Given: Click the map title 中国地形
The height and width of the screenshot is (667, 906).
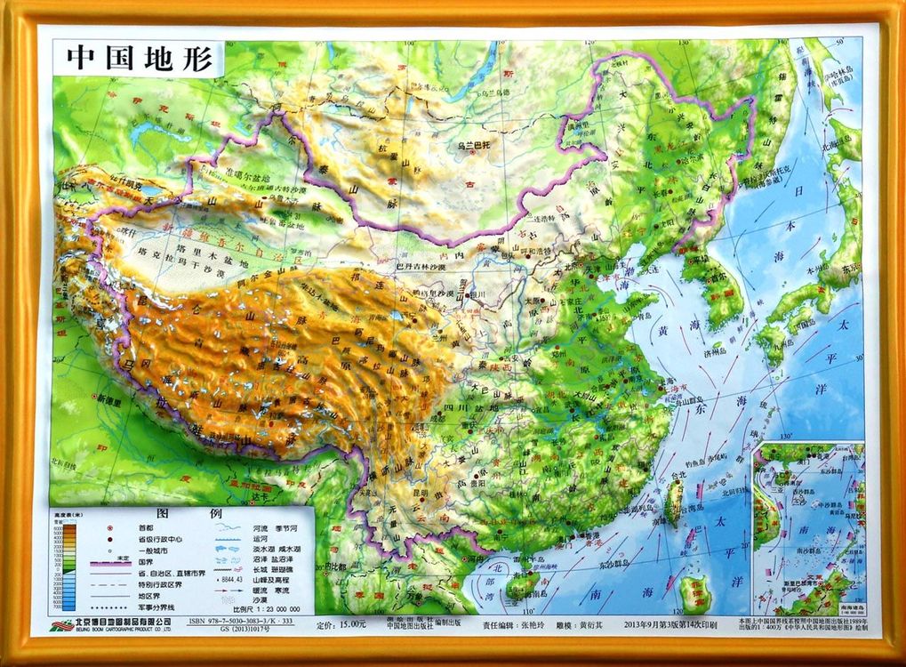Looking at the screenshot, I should pos(140,59).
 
